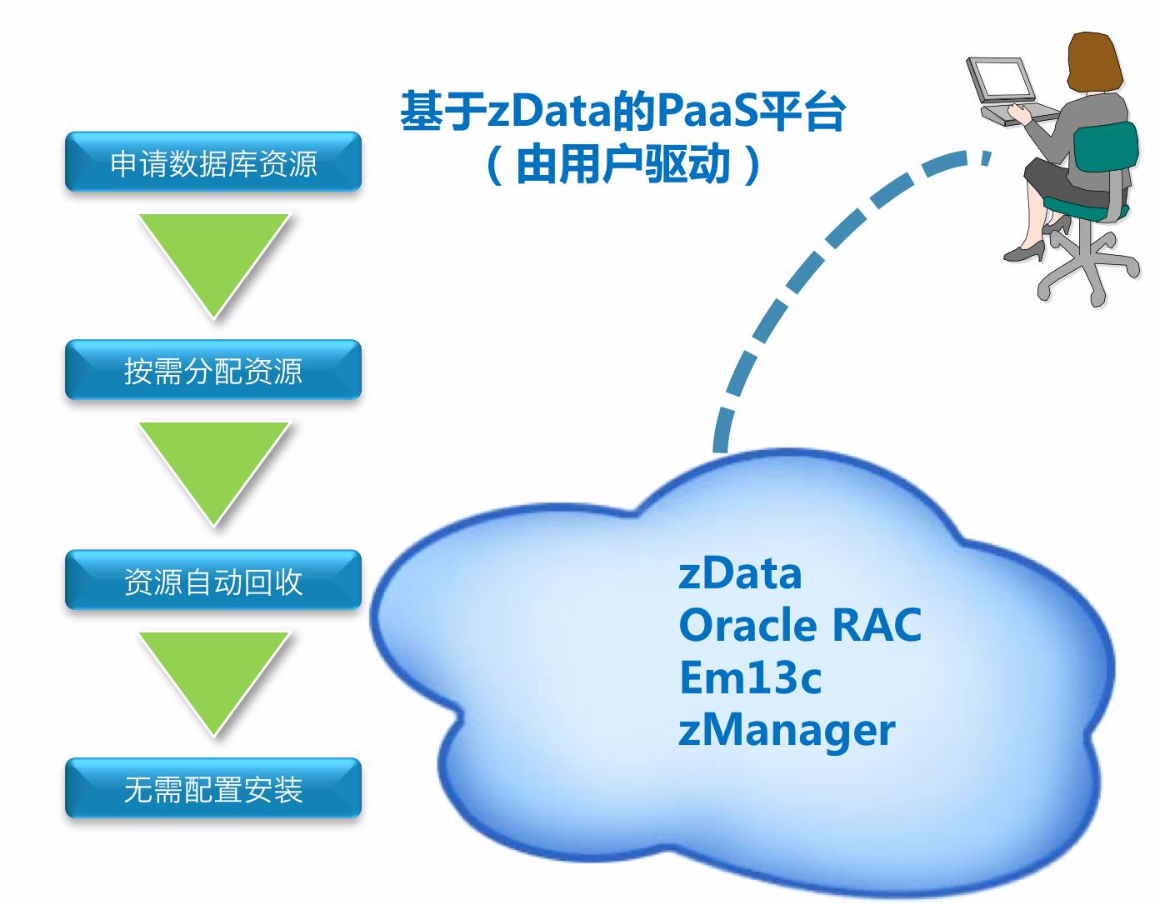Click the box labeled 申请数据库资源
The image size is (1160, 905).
click(213, 162)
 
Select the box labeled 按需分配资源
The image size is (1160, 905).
click(213, 370)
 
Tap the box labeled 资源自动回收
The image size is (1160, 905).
click(213, 581)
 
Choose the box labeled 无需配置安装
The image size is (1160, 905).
click(213, 788)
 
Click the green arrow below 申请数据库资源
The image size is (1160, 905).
click(214, 258)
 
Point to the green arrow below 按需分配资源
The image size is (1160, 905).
click(214, 467)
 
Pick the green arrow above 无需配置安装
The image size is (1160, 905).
click(214, 677)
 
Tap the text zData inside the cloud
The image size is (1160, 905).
click(740, 573)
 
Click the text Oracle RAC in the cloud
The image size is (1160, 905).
click(800, 625)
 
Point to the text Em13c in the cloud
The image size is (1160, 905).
click(750, 677)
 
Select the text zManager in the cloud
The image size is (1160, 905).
click(787, 729)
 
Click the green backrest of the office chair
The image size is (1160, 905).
click(1105, 158)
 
